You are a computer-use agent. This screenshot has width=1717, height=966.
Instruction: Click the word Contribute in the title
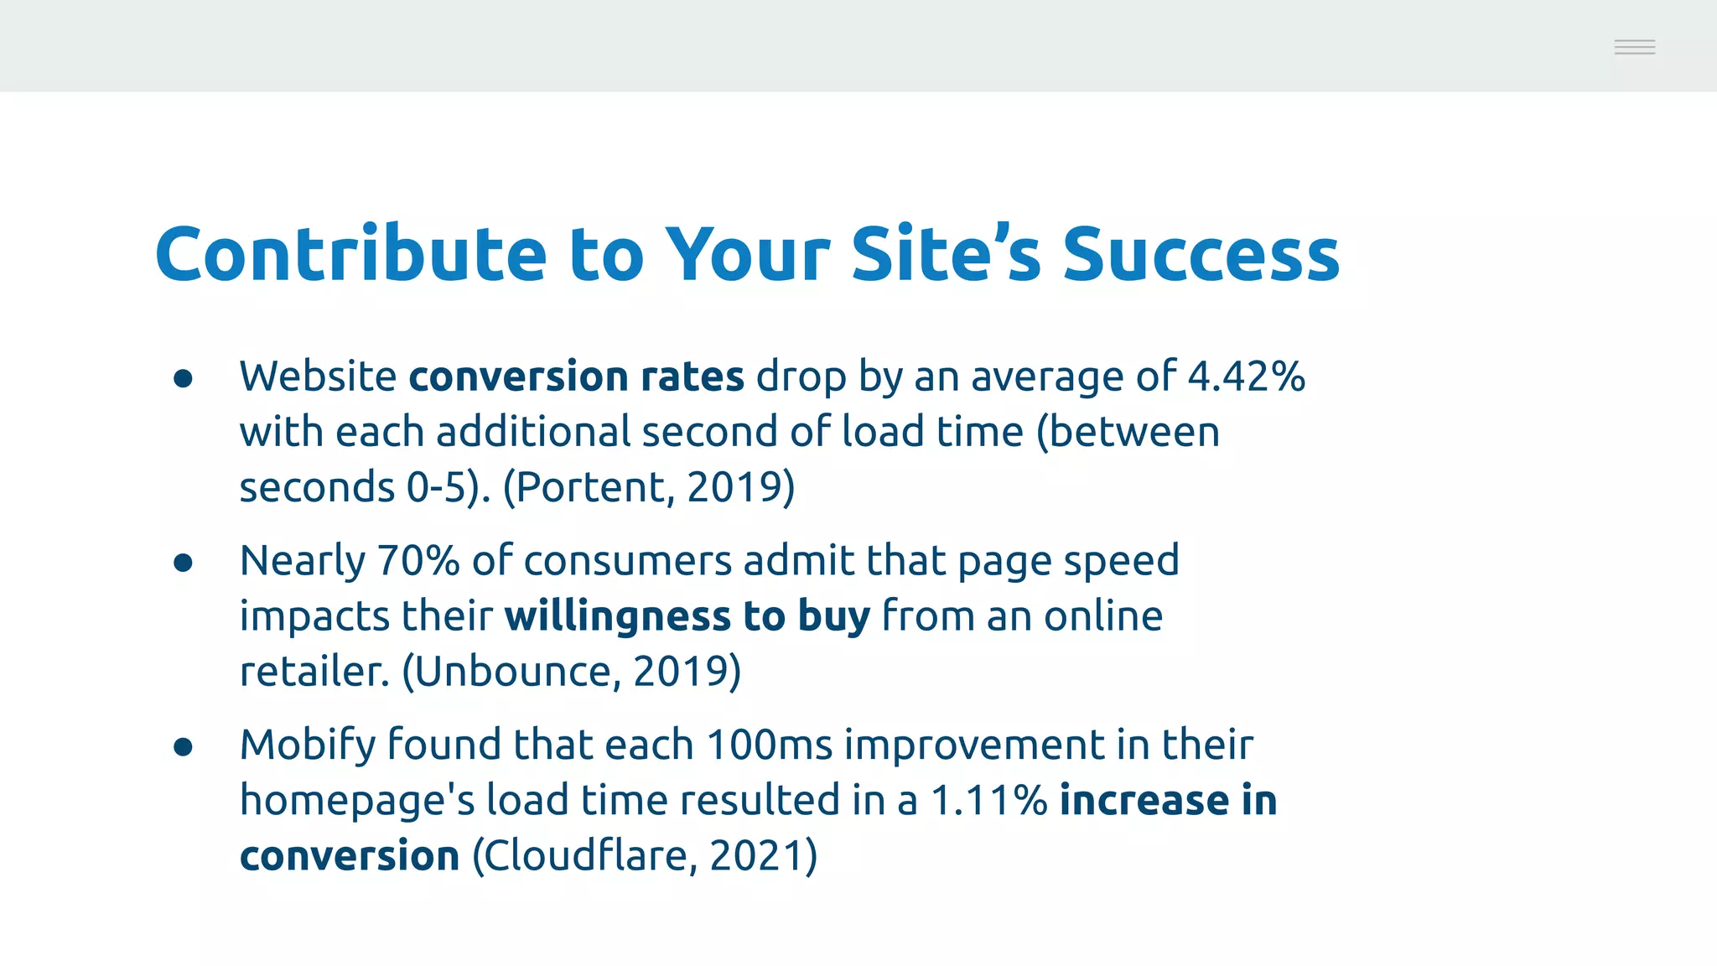pyautogui.click(x=350, y=254)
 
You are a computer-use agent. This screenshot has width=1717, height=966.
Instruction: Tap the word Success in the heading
pyautogui.click(x=1201, y=254)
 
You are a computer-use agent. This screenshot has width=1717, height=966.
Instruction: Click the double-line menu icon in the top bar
pyautogui.click(x=1634, y=47)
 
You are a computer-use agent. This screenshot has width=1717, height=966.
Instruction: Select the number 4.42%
pyautogui.click(x=1246, y=377)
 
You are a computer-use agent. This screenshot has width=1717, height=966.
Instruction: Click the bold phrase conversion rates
pyautogui.click(x=576, y=377)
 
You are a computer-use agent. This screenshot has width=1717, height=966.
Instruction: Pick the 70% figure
pyautogui.click(x=418, y=560)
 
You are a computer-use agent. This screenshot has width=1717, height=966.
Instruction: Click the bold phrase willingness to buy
pyautogui.click(x=687, y=616)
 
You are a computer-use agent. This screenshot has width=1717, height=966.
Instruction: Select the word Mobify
pyautogui.click(x=308, y=745)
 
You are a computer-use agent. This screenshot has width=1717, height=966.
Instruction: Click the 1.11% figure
pyautogui.click(x=989, y=800)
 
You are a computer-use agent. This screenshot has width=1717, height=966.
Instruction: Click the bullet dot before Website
pyautogui.click(x=183, y=379)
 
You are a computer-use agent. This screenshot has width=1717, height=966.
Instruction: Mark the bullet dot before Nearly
pyautogui.click(x=183, y=563)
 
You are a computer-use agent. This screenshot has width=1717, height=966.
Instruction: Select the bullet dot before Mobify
pyautogui.click(x=183, y=746)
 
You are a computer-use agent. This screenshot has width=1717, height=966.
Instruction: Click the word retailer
pyautogui.click(x=314, y=672)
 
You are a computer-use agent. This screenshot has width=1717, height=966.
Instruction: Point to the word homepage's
pyautogui.click(x=357, y=801)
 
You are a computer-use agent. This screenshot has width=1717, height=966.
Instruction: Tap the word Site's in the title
pyautogui.click(x=946, y=254)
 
